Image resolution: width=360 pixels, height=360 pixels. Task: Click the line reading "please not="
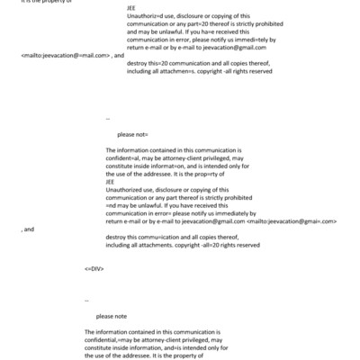pos(121,133)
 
